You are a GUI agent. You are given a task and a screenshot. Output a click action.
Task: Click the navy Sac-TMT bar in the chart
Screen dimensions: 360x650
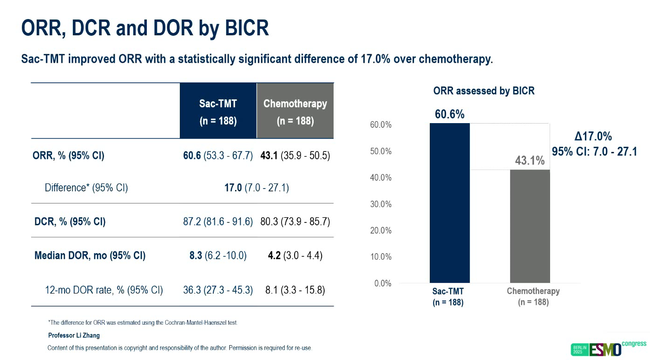pos(449,203)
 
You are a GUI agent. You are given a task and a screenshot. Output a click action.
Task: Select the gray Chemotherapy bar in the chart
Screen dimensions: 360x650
pos(530,226)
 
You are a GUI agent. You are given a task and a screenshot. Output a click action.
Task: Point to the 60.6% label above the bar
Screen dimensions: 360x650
pos(449,114)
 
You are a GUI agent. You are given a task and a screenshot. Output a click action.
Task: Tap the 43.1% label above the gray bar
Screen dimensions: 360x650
pos(530,161)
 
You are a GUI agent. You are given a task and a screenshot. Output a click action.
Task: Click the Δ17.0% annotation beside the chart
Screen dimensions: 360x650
pos(593,137)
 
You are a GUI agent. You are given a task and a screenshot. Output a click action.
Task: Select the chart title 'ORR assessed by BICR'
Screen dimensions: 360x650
pos(484,91)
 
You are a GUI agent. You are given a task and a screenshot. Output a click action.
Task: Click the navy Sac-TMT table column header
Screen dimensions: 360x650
pos(218,111)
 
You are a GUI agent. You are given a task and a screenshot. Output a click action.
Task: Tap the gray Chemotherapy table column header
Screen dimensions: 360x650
pos(295,111)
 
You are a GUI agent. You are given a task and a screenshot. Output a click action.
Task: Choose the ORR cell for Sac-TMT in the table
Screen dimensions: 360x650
pos(218,156)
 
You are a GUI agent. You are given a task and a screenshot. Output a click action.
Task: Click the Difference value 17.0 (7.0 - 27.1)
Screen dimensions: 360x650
pos(256,188)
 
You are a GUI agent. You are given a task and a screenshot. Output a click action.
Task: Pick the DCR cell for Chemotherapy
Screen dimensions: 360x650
pos(295,222)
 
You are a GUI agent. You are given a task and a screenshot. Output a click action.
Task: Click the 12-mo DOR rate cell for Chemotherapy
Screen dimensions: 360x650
pos(295,291)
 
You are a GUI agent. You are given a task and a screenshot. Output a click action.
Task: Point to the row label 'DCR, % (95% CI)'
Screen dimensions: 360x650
pos(70,222)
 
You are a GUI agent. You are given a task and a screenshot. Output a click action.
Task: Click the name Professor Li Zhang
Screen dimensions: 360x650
pos(74,335)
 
